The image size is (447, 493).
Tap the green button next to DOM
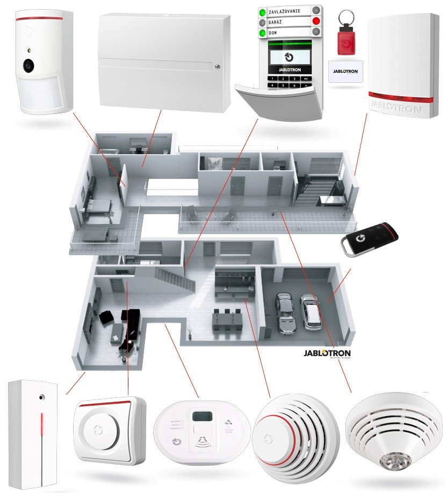pos(262,33)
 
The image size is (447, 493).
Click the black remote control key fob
pos(371,238)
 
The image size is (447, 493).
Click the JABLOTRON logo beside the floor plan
pos(327,353)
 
